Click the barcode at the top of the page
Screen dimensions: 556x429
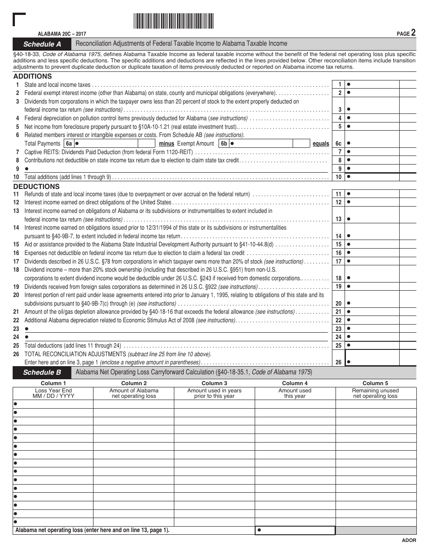click(173, 21)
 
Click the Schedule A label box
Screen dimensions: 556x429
click(42, 44)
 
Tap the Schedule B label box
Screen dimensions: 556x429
click(42, 372)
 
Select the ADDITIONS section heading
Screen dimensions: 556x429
click(33, 76)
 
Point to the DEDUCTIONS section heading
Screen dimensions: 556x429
click(36, 186)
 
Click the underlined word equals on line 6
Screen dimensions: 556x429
click(321, 144)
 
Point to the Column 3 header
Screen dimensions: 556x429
click(214, 383)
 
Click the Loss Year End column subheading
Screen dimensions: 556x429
click(53, 393)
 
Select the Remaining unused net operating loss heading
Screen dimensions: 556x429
click(375, 393)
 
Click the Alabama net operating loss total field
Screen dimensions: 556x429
click(295, 530)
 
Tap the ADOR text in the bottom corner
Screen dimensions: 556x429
click(409, 541)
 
